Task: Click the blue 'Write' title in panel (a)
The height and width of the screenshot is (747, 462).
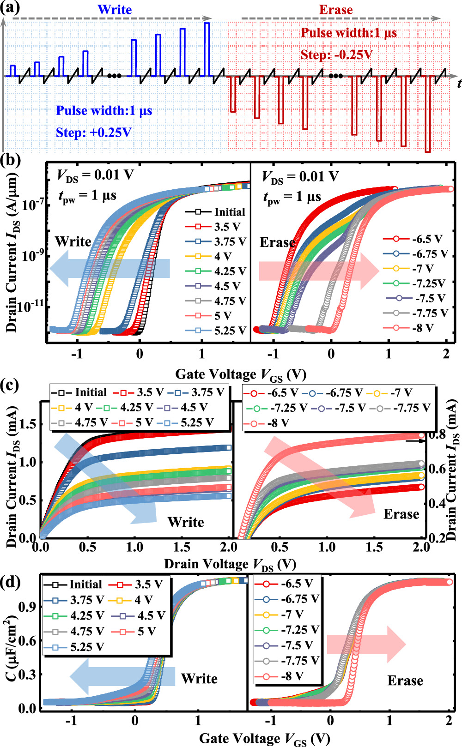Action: click(x=115, y=10)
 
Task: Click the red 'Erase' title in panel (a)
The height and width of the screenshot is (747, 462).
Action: click(x=336, y=10)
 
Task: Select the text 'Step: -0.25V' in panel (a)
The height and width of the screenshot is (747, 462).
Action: click(x=336, y=55)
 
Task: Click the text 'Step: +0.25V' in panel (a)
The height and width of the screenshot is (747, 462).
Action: click(x=94, y=133)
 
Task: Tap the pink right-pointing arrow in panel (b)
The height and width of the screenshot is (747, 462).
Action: click(x=319, y=271)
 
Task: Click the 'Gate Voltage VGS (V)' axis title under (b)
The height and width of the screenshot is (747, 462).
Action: click(x=241, y=374)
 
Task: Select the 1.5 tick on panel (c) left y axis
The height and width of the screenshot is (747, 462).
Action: click(x=28, y=424)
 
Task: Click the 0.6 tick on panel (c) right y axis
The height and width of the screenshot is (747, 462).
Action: click(x=437, y=469)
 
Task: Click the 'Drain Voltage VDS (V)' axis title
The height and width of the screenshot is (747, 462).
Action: click(x=230, y=564)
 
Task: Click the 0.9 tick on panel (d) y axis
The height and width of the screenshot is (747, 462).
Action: click(x=29, y=607)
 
